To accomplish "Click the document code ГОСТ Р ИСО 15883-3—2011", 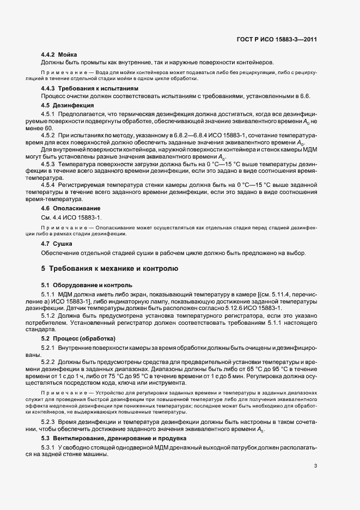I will click(x=279, y=40).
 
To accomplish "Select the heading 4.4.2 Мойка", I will click(x=59, y=54).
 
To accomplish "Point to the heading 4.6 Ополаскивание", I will click(x=71, y=208).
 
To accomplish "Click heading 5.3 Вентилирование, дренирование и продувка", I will click(x=114, y=438).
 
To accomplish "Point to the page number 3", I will click(x=316, y=466).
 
